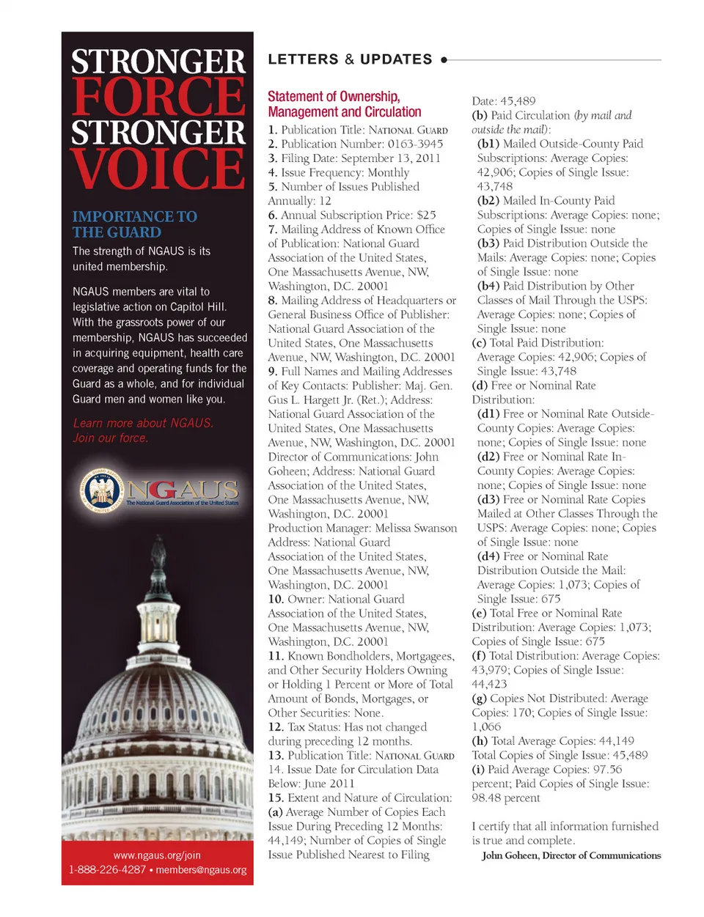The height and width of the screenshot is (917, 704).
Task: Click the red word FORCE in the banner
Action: (x=158, y=97)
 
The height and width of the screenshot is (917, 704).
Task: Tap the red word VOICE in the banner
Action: (x=158, y=169)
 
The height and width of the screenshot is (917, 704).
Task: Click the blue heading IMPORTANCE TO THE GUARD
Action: (x=134, y=224)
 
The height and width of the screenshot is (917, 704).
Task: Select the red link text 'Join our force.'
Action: (x=110, y=438)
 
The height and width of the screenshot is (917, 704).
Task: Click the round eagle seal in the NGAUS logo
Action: (x=102, y=490)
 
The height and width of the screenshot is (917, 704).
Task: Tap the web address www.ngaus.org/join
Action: (x=157, y=855)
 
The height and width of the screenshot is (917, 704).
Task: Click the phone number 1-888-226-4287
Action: (x=107, y=870)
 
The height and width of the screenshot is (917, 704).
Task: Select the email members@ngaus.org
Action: (x=201, y=870)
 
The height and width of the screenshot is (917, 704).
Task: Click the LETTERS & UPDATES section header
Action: (x=350, y=59)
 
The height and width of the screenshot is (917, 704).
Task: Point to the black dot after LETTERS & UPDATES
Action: (x=444, y=60)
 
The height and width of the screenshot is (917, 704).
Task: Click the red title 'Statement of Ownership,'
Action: (x=334, y=96)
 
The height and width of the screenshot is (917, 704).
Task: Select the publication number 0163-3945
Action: (x=415, y=144)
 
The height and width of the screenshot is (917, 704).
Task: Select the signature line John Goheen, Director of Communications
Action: (x=571, y=855)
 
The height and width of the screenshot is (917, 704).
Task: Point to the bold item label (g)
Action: (x=479, y=699)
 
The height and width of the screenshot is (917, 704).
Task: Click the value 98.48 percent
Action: (x=506, y=798)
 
